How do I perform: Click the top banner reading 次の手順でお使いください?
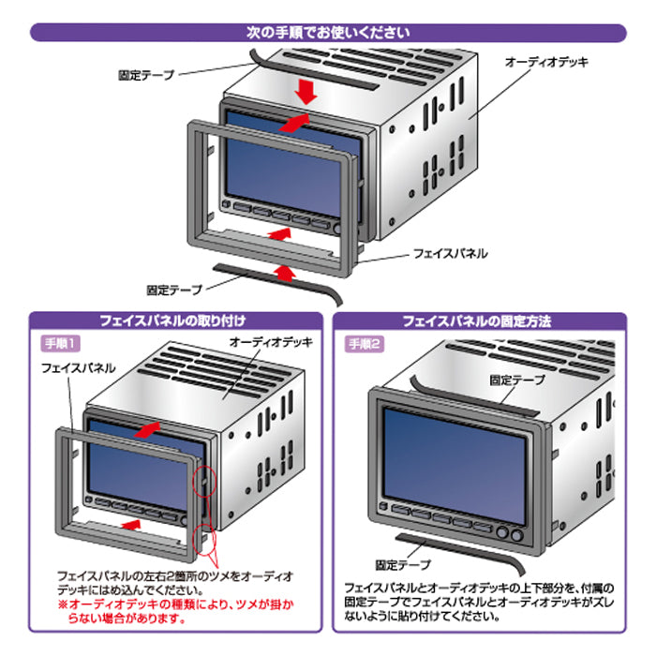327,32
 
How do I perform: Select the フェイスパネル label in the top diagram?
451,253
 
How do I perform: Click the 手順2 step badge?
365,343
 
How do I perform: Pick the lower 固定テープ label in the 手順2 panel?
402,565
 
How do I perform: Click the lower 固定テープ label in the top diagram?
174,291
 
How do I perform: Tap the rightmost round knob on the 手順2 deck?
516,534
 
